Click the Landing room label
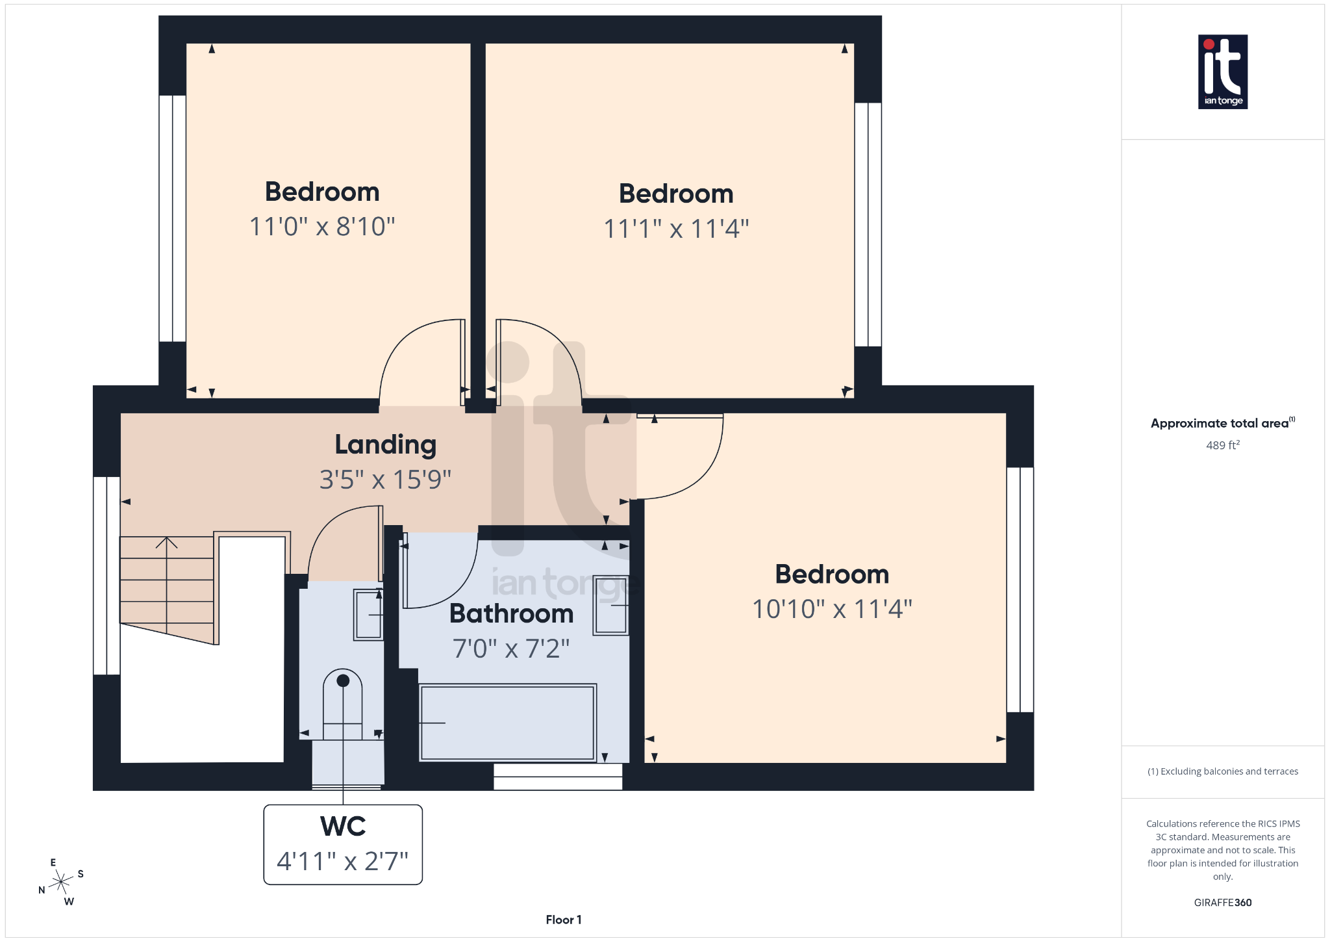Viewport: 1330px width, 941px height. [385, 445]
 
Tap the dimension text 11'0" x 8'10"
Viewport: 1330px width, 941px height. [322, 227]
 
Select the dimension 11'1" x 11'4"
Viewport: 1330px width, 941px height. [676, 229]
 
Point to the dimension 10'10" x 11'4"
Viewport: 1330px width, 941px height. [832, 610]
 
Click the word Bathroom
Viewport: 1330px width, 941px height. [511, 614]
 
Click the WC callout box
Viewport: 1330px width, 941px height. [343, 844]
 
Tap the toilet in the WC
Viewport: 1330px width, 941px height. [342, 705]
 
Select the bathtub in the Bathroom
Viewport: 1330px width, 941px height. [507, 722]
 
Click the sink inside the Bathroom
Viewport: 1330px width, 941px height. [610, 605]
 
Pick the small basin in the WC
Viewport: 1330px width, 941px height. [368, 615]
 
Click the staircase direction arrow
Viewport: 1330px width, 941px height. [167, 543]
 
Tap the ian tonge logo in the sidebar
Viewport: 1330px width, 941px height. [1222, 71]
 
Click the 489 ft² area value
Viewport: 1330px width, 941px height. [1222, 446]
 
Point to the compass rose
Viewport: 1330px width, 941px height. [62, 882]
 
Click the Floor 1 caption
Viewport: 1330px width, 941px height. [563, 920]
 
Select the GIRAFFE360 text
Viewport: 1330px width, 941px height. [1222, 903]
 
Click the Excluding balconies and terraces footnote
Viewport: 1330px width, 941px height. [1222, 771]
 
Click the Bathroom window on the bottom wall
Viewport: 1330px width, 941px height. [558, 777]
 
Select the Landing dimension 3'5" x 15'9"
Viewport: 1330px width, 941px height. [385, 480]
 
